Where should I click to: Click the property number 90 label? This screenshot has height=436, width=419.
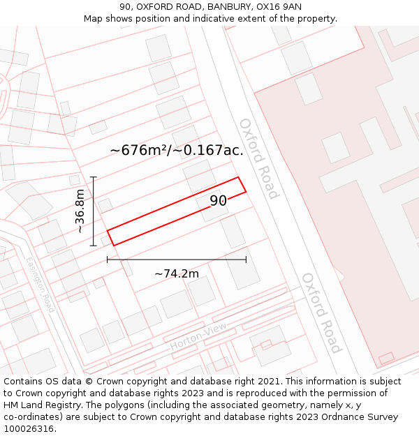[218, 201]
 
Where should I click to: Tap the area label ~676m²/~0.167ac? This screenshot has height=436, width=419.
[177, 150]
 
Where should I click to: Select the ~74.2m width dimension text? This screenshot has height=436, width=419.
[177, 273]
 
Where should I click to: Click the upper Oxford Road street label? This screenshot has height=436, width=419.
[259, 158]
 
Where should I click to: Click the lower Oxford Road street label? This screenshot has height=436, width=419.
[321, 313]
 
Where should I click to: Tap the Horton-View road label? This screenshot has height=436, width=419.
[198, 338]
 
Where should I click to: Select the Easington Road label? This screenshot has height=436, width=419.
[40, 285]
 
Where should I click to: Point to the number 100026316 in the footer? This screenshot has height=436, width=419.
[29, 428]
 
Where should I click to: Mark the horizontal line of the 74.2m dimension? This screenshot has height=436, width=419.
[177, 260]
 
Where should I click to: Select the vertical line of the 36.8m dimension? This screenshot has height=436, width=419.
[94, 211]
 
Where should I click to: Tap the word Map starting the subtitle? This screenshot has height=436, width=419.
[94, 18]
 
